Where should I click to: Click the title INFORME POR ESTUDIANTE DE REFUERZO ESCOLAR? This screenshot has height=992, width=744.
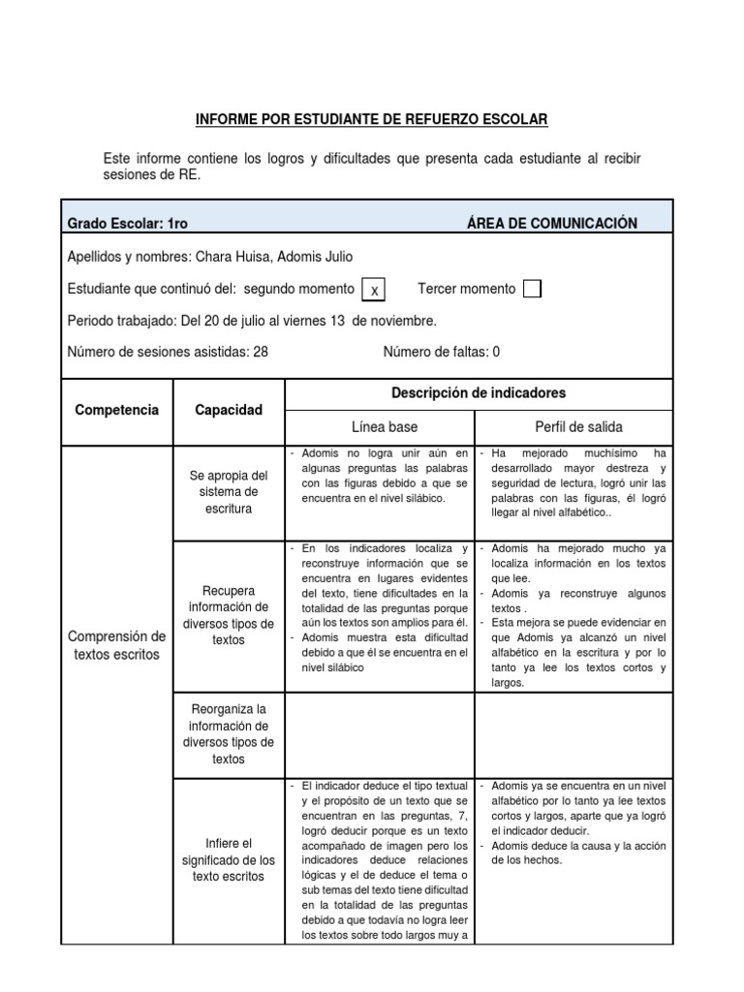point(372,119)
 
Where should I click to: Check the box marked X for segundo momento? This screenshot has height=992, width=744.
point(374,290)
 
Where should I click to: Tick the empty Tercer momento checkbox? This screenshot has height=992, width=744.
point(531,289)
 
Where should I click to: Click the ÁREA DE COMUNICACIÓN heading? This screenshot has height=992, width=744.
point(551,224)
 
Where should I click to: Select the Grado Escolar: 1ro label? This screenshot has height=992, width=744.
point(127,224)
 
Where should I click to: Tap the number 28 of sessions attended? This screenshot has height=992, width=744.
point(261,352)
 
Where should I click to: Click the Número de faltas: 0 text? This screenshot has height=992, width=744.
point(441,352)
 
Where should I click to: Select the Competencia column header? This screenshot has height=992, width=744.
point(116,411)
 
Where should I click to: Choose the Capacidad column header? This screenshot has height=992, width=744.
point(228,411)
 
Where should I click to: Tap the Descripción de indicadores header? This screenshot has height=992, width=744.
point(478,393)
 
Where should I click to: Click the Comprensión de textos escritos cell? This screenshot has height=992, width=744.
point(116,645)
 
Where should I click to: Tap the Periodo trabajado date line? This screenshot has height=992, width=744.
point(252,321)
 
